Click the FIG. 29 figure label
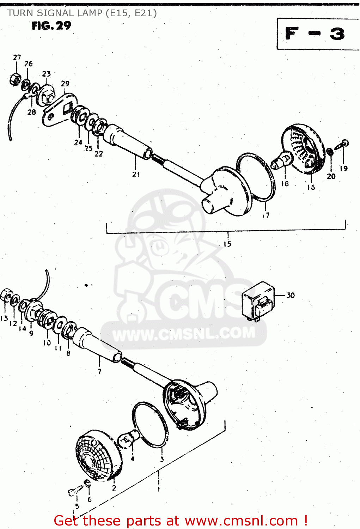[x=51, y=26]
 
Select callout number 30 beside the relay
[x=290, y=295]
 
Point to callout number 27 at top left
[x=17, y=57]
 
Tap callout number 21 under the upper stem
[x=136, y=174]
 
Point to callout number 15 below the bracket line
[x=227, y=244]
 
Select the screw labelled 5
[x=73, y=491]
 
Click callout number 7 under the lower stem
[x=99, y=371]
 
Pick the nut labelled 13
[x=5, y=295]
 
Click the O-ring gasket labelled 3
[x=150, y=425]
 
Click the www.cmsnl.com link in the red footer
[x=241, y=521]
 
